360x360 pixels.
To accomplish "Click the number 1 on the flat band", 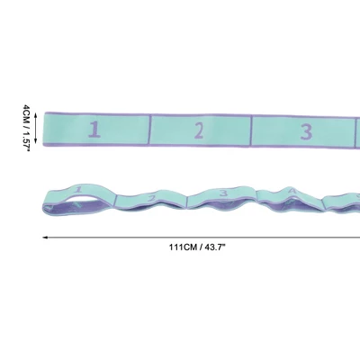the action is [x=94, y=130].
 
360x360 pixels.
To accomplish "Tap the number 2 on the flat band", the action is [x=199, y=130].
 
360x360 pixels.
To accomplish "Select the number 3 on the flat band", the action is [x=306, y=132].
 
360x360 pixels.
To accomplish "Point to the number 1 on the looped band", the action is [x=78, y=190].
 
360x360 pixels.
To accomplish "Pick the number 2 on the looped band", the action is [x=152, y=199].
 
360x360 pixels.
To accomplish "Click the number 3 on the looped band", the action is [x=223, y=193].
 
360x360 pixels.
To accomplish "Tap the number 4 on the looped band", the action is [x=292, y=191].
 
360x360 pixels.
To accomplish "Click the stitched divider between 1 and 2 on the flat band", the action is [x=149, y=130].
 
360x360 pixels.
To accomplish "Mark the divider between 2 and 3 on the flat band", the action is [x=251, y=130].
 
